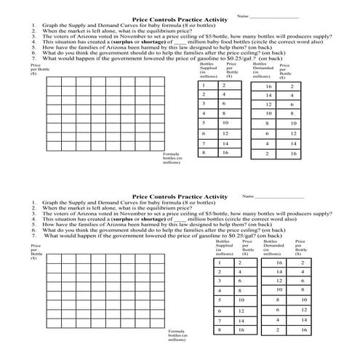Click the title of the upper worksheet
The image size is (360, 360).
(175, 20)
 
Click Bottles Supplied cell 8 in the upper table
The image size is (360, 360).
(204, 153)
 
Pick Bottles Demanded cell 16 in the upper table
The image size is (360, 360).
(268, 87)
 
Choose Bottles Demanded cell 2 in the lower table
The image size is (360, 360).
(277, 330)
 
